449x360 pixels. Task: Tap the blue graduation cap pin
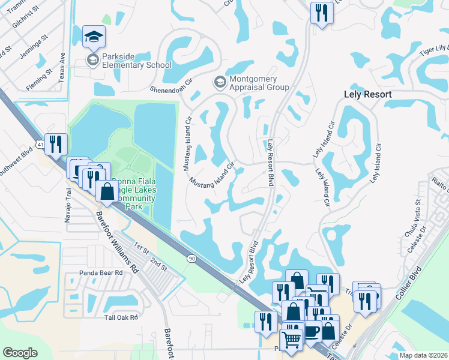tap(93, 37)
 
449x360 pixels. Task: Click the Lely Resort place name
tap(367, 95)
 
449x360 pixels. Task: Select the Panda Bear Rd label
tap(101, 272)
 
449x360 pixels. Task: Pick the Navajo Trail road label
tap(68, 205)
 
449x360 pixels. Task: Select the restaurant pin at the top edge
tap(322, 13)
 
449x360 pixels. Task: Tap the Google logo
tap(20, 353)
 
